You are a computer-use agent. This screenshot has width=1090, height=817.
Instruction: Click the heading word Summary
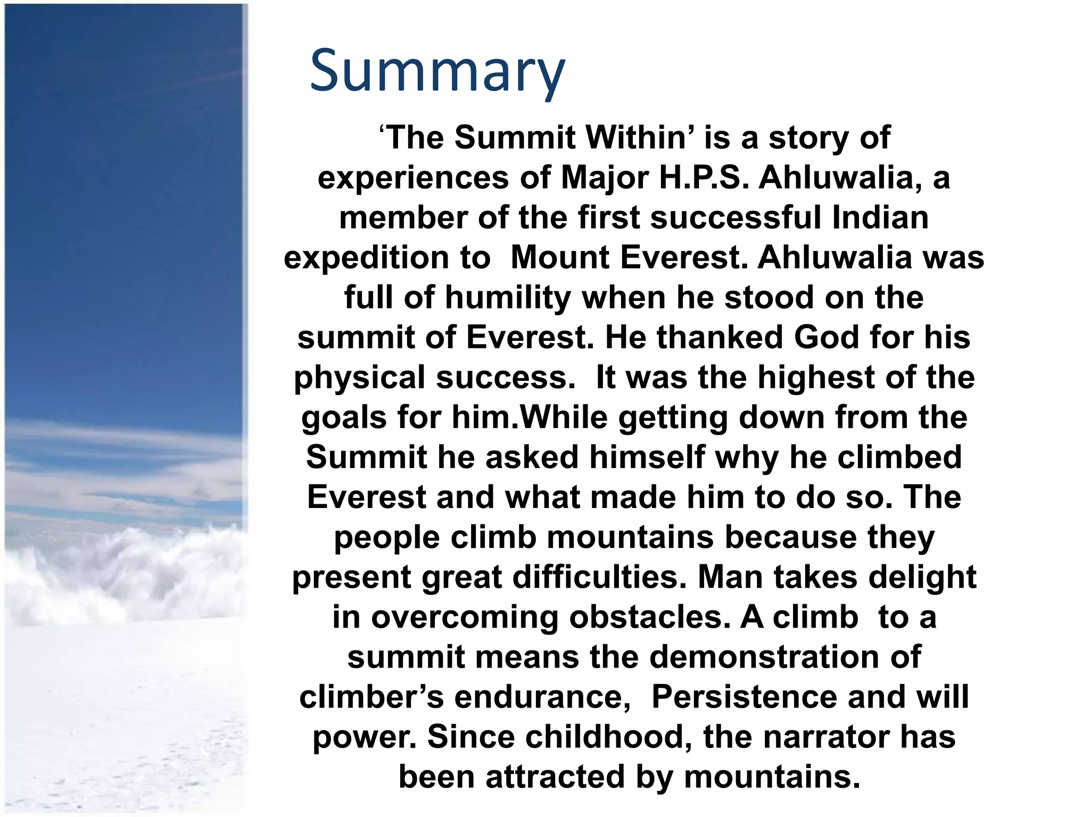[437, 71]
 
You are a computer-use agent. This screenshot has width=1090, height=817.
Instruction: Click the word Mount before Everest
[559, 257]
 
